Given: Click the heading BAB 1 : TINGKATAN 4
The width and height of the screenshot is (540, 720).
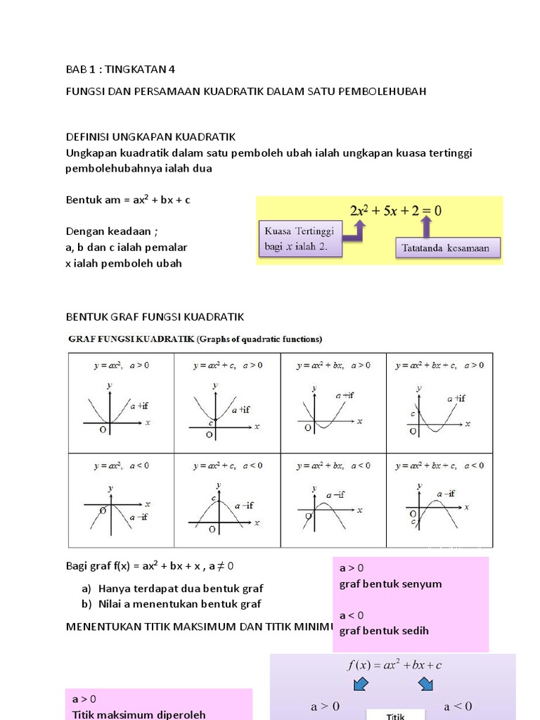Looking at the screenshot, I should pos(120,69).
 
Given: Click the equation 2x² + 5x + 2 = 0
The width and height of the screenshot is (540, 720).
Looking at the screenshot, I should pos(396,210).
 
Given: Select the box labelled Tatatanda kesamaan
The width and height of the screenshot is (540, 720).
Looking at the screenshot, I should pos(447,247).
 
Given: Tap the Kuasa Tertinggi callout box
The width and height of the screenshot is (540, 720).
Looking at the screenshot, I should pos(300,239).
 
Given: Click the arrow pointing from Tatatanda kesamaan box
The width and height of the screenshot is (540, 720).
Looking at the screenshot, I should pos(425,226).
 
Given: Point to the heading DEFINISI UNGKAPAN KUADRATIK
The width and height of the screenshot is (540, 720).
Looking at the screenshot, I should pos(150,136).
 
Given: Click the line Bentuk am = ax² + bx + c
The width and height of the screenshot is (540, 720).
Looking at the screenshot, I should pos(128,200).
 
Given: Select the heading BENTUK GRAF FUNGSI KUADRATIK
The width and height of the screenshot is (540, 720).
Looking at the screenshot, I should pos(155,316).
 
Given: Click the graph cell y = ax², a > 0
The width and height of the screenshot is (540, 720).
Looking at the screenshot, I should pos(121,403).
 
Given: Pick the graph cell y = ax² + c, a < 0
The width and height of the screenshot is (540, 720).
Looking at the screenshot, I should pos(227,501).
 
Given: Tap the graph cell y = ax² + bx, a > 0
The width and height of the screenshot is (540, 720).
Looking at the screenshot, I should pos(333,403).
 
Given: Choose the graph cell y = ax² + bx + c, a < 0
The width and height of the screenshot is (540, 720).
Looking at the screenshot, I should pos(439,501).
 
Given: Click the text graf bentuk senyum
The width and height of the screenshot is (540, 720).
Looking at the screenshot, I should pos(390,584).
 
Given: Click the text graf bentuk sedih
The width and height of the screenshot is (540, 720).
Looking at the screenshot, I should pos(384,631).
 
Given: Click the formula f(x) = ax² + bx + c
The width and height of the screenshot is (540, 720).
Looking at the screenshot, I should pos(394,665).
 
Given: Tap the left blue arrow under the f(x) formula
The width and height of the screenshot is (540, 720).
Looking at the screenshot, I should pos(361,683).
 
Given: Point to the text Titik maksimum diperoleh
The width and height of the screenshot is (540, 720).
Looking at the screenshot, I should pos(139,714).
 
